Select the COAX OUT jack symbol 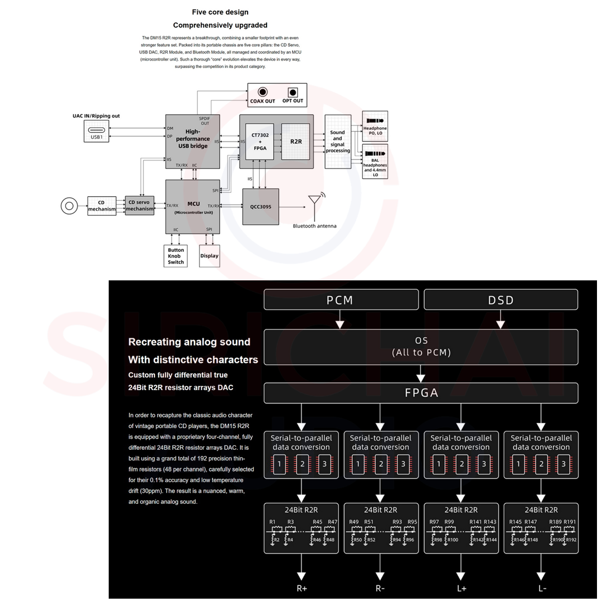click(x=262, y=92)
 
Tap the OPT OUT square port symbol click(x=292, y=92)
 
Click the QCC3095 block click(x=260, y=206)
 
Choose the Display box click(x=209, y=255)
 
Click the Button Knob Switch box click(x=176, y=255)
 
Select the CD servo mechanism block click(x=139, y=205)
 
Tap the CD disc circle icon click(x=69, y=206)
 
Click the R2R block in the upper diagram click(x=296, y=142)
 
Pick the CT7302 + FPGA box click(x=259, y=142)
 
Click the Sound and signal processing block click(x=337, y=142)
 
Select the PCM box click(x=341, y=300)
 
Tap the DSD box click(x=501, y=300)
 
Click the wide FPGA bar click(x=421, y=393)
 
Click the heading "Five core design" click(x=220, y=12)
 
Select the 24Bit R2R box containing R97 click(x=461, y=528)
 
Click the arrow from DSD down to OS click(x=501, y=319)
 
